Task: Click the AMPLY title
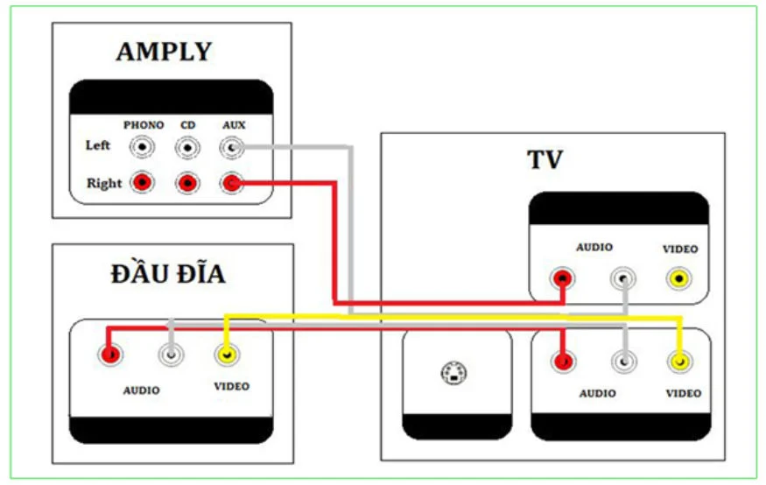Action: (x=164, y=52)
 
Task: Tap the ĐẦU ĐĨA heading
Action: (x=168, y=274)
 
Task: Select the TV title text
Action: (x=545, y=160)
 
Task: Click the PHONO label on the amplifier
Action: (x=144, y=125)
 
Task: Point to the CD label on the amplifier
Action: (x=188, y=125)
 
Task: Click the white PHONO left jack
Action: (x=143, y=147)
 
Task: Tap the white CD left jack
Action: (x=187, y=148)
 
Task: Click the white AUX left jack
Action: (x=232, y=148)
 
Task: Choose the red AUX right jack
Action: (x=232, y=184)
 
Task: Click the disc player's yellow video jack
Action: (x=227, y=355)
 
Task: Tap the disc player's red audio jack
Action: (x=110, y=355)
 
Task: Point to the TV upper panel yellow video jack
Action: (x=679, y=279)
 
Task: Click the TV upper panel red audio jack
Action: (x=563, y=279)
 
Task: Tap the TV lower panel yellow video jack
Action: (x=678, y=361)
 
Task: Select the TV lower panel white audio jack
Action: (x=622, y=361)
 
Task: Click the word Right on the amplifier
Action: (x=104, y=184)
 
